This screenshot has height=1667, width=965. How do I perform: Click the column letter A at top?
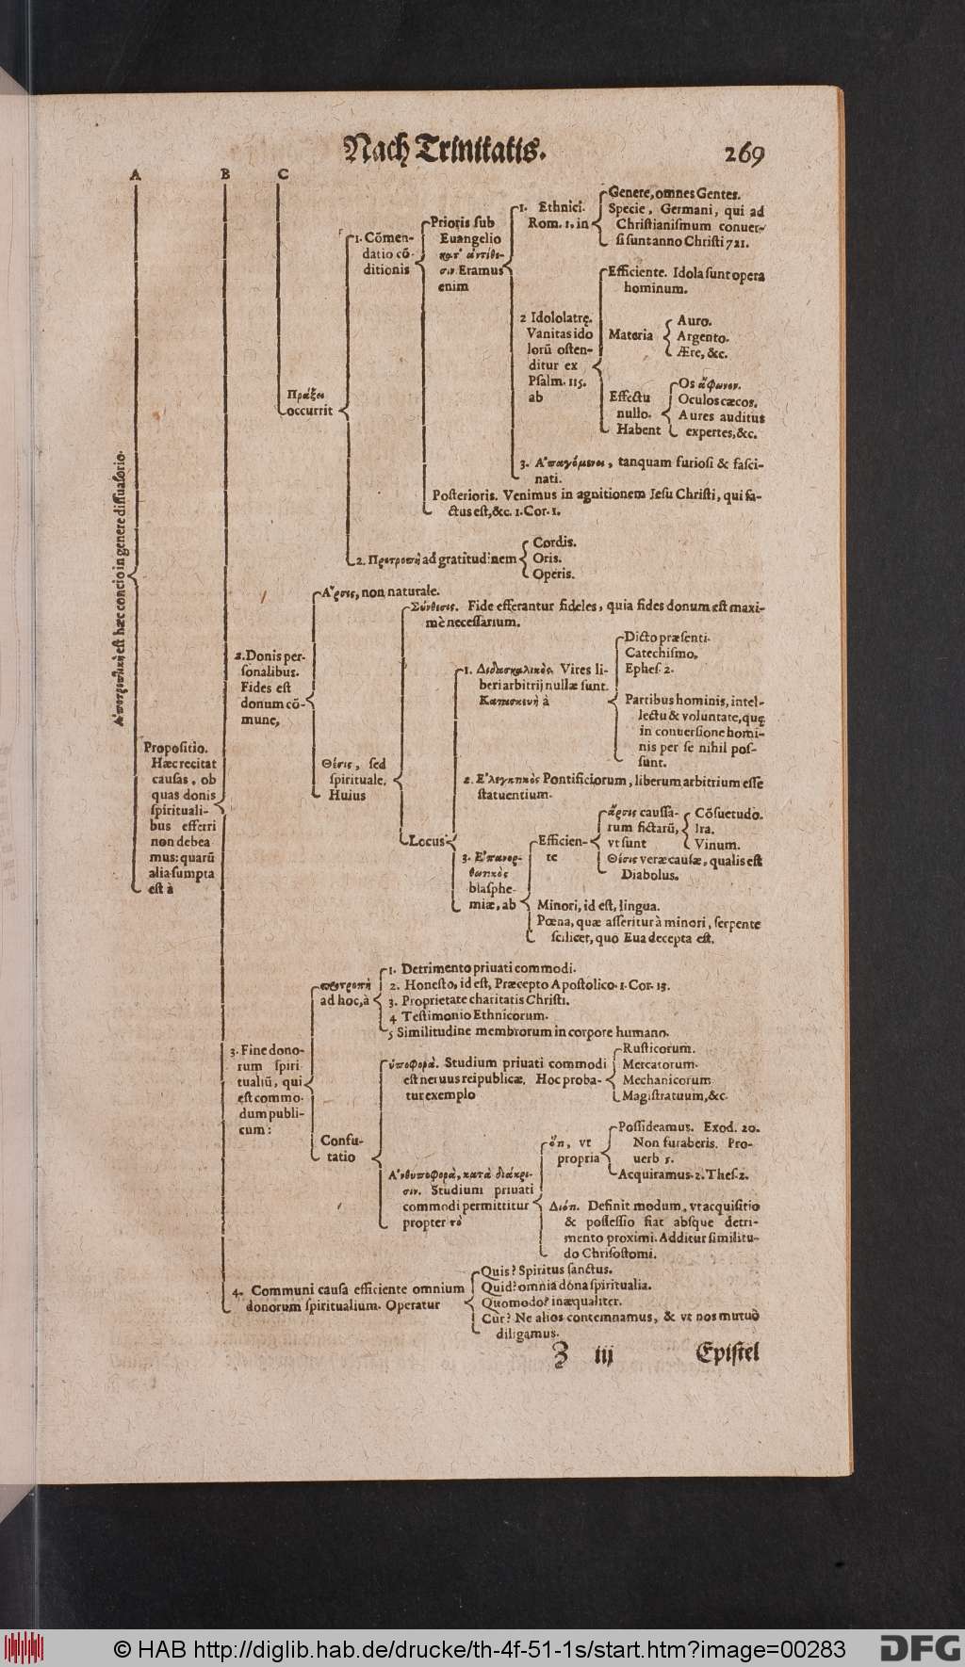coord(137,173)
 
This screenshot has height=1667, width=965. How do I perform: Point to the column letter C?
coord(282,173)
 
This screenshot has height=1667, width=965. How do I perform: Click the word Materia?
coord(630,334)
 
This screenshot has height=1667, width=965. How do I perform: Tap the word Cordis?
coord(555,543)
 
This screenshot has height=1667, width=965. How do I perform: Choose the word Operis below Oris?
coord(554,574)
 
